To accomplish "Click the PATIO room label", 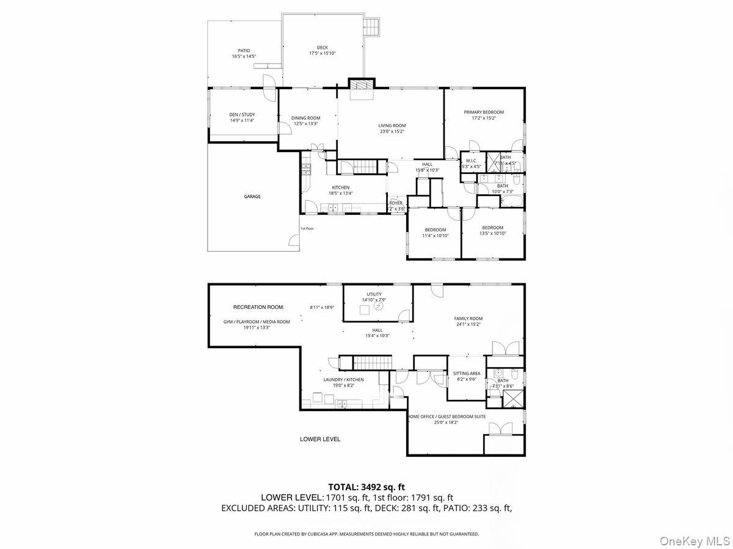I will click(x=244, y=51).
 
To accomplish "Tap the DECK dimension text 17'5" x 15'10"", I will click(x=322, y=53).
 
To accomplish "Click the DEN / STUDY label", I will click(x=242, y=115).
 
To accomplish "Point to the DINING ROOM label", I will click(x=305, y=118).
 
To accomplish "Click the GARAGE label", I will click(x=252, y=197).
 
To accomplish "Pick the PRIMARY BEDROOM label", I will click(x=484, y=112).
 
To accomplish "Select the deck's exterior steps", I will click(x=371, y=26).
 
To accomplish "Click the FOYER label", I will click(x=396, y=203).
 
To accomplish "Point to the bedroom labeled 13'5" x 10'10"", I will click(x=492, y=228).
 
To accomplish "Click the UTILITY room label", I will click(x=374, y=294).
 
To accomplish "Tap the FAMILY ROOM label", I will click(x=468, y=319).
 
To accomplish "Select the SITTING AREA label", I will click(x=466, y=373).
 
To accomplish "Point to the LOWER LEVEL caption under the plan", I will click(x=320, y=439).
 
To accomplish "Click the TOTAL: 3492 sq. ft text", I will click(x=366, y=487).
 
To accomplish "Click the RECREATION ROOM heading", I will click(x=258, y=307).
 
